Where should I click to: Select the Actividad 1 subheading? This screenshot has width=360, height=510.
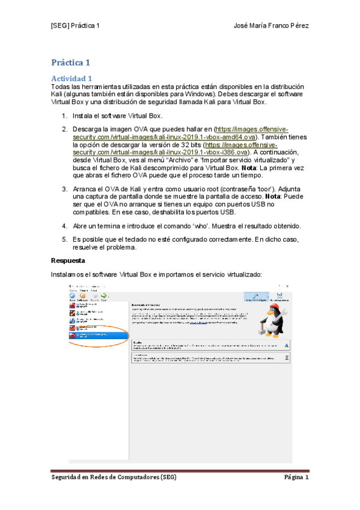pyautogui.click(x=72, y=78)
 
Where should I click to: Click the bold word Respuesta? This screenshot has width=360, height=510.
pyautogui.click(x=71, y=261)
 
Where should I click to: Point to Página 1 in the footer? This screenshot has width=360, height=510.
pyautogui.click(x=296, y=478)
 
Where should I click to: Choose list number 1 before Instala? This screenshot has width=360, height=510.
pyautogui.click(x=64, y=115)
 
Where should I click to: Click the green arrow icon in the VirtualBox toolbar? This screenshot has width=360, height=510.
pyautogui.click(x=104, y=295)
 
